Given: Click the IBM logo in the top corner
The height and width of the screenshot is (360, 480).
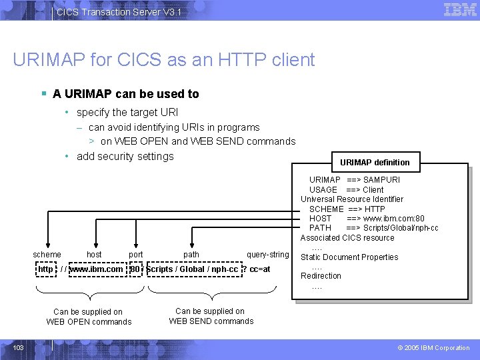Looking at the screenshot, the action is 460,10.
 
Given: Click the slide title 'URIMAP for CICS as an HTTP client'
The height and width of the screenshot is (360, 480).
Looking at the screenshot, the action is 163,60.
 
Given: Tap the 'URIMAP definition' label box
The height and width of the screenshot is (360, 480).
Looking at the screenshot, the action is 375,162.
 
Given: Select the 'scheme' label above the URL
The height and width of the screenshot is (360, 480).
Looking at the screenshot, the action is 47,254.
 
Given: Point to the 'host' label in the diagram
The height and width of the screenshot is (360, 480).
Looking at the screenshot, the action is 94,254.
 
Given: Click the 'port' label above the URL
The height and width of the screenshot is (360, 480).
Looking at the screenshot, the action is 136,254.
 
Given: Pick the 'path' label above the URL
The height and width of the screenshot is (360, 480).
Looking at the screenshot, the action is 191,254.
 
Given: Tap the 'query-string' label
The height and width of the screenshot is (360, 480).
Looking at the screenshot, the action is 267,254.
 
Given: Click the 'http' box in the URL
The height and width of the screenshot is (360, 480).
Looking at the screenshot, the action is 46,269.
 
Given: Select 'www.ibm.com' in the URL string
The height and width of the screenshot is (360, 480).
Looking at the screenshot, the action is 97,269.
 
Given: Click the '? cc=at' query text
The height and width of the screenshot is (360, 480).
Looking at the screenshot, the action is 256,269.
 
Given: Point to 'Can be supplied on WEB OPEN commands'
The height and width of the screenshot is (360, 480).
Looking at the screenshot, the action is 88,317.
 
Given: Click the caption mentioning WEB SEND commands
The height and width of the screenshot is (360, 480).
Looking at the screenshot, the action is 211,316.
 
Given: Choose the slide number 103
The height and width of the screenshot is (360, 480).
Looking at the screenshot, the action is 19,347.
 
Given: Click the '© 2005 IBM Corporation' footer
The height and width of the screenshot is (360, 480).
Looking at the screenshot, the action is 433,347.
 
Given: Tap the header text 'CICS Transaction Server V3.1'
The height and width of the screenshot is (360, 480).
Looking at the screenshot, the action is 119,12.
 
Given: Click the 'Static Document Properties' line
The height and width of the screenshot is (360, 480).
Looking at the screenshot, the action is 349,257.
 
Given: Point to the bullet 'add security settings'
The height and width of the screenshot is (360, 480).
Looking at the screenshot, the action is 125,156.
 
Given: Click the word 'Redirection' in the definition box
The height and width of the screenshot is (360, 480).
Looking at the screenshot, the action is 321,275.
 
